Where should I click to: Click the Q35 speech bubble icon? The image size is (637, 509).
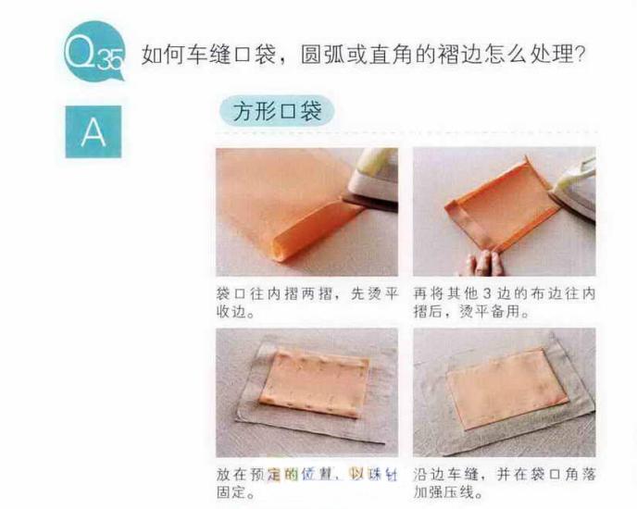click(93, 54)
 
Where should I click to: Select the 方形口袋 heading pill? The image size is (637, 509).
click(277, 112)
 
